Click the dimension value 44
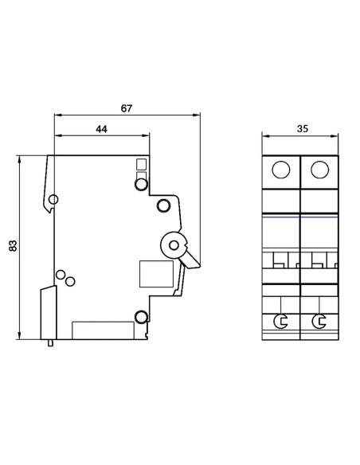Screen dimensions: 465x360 101,128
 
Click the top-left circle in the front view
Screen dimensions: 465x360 280,170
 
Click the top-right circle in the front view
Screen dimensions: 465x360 319,170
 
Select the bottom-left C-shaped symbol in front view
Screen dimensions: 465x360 280,321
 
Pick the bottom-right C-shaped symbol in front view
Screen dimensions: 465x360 319,321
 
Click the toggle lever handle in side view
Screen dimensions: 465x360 190,257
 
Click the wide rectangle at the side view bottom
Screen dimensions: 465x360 103,330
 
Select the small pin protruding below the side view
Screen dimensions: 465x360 53,343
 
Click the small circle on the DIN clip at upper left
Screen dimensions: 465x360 53,199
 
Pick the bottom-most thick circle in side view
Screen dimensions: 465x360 141,318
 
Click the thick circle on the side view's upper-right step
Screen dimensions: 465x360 163,207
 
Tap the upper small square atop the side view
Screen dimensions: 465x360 141,165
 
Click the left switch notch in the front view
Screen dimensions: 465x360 280,260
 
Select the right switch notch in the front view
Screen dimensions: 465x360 319,260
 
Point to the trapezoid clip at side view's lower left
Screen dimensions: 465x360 48,313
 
